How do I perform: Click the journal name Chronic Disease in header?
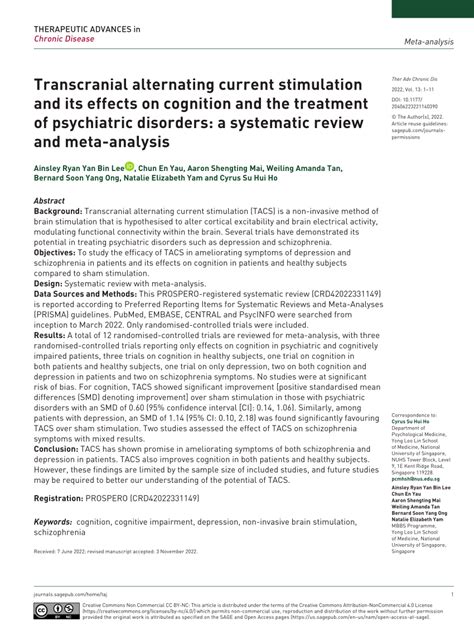[63, 40]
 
